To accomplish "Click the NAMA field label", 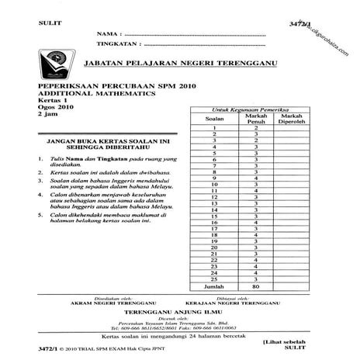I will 109,35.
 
